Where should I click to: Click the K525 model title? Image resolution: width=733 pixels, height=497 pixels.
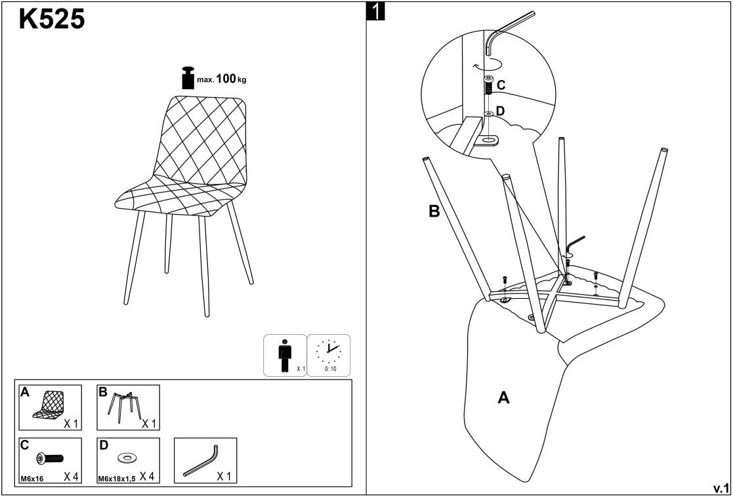coord(52,20)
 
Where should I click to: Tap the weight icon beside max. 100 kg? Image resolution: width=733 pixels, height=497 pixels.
coord(188,77)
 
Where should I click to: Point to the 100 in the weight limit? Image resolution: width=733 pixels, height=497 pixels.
coord(226,79)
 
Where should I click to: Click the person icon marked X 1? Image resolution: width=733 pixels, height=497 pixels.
coord(284,355)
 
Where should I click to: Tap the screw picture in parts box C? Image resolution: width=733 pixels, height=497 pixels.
coord(50,458)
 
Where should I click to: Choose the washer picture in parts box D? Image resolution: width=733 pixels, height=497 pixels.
coord(125,457)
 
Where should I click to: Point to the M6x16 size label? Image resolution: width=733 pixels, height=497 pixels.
coord(31,479)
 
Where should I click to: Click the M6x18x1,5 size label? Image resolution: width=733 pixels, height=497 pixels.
coord(116,479)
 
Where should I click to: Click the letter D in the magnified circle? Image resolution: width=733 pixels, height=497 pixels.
coord(500,111)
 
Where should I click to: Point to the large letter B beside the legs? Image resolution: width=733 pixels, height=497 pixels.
coord(434,211)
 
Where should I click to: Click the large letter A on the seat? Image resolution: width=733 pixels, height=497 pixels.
coord(503,397)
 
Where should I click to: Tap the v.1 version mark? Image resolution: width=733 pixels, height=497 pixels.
coord(721,488)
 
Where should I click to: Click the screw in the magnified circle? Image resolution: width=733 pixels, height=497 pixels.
coord(489,86)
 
